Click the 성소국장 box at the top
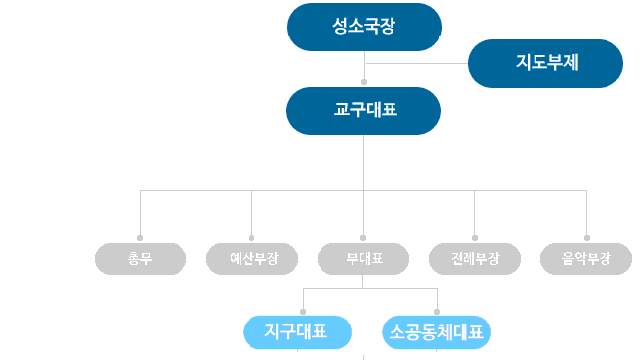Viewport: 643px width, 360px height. (x=364, y=27)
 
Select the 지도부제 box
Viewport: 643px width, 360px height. (x=545, y=63)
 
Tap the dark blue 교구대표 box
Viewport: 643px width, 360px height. (x=364, y=110)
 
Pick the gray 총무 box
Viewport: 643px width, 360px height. (x=140, y=258)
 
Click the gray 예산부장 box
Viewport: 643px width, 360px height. (x=252, y=258)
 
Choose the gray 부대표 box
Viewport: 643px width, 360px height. (x=364, y=258)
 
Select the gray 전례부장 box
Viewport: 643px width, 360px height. (x=475, y=258)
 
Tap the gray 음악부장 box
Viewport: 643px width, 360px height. (x=587, y=258)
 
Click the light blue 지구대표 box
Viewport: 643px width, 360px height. (x=298, y=331)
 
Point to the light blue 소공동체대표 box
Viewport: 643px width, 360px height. (x=436, y=331)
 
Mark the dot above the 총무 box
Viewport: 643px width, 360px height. (x=140, y=238)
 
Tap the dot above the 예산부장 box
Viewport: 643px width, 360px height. (x=252, y=238)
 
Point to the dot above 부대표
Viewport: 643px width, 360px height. (x=364, y=238)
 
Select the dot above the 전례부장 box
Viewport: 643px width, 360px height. (x=475, y=238)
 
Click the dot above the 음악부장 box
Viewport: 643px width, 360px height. (x=587, y=238)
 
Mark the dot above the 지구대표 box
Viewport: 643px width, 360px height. (x=302, y=311)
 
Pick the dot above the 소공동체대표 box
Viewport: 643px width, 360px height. (x=437, y=311)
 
